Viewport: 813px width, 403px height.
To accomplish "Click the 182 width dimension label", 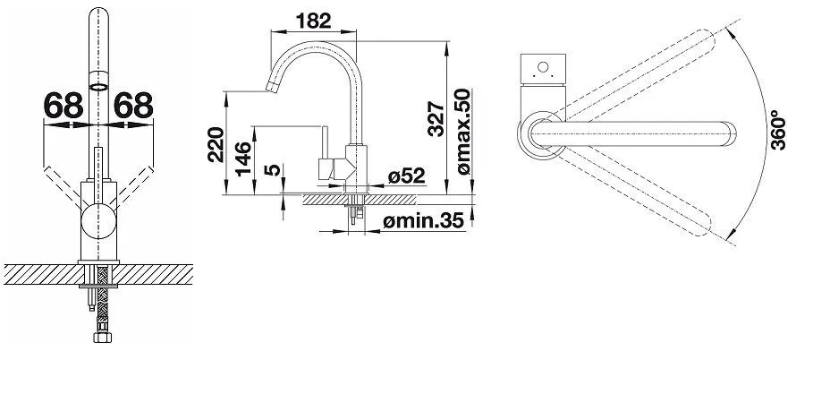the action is click(314, 21).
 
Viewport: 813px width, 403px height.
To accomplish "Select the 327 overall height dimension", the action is click(436, 119).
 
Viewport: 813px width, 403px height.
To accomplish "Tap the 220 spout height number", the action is click(216, 144).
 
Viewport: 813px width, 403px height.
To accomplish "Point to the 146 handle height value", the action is click(242, 159).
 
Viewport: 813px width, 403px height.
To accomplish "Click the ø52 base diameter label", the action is click(406, 176).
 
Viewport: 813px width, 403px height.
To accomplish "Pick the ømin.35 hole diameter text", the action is click(423, 221).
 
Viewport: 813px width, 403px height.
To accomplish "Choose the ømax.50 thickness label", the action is click(462, 132).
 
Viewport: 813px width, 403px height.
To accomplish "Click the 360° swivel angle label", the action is click(778, 130).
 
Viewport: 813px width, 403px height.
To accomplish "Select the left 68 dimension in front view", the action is click(64, 106).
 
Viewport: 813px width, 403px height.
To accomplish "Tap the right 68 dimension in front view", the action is click(133, 106).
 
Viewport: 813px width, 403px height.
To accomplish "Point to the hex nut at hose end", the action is click(102, 338).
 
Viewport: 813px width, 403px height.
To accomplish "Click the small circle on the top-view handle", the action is click(543, 67).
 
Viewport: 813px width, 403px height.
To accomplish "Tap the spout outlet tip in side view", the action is click(271, 87).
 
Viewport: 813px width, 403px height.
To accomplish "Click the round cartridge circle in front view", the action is click(98, 221).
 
